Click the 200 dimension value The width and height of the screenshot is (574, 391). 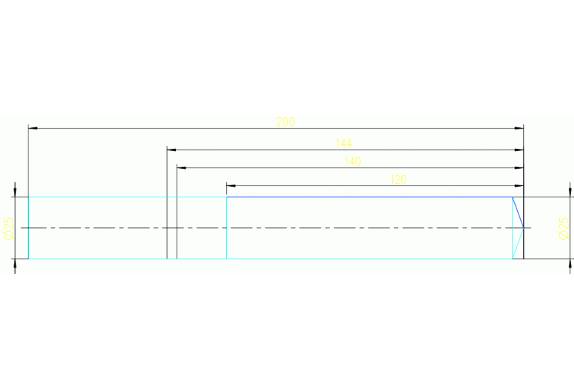(x=285, y=122)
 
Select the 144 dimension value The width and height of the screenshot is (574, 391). (x=344, y=143)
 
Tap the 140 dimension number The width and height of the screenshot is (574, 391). (x=352, y=161)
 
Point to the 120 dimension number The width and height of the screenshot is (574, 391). (x=399, y=179)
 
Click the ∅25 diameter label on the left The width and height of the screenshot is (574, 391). (x=8, y=228)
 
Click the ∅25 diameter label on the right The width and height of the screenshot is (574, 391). (x=564, y=228)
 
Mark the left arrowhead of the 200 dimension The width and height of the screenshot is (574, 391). (x=32, y=129)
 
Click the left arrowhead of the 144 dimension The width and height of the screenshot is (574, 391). (x=171, y=150)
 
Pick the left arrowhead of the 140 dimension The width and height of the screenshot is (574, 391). (x=180, y=167)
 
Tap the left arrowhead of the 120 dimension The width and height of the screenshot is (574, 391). (x=230, y=185)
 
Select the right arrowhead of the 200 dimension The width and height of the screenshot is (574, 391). (x=519, y=129)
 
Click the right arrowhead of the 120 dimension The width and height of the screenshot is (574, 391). (x=519, y=185)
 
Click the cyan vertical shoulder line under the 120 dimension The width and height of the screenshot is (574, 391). (x=227, y=239)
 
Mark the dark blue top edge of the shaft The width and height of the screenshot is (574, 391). (x=367, y=197)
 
